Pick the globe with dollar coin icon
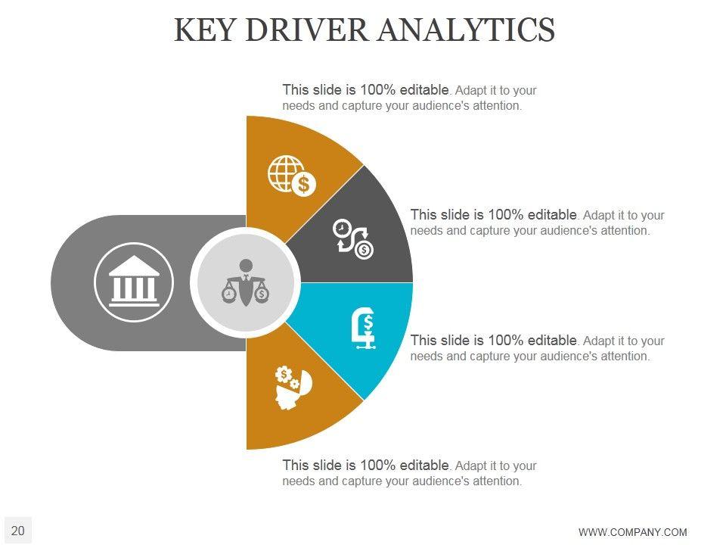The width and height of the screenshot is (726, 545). pyautogui.click(x=292, y=176)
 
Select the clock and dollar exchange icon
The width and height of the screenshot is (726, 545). pyautogui.click(x=353, y=238)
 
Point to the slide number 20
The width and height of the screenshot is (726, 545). pyautogui.click(x=18, y=531)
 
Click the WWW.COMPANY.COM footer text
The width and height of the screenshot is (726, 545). pyautogui.click(x=632, y=532)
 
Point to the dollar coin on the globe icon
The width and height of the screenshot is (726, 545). pyautogui.click(x=304, y=184)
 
